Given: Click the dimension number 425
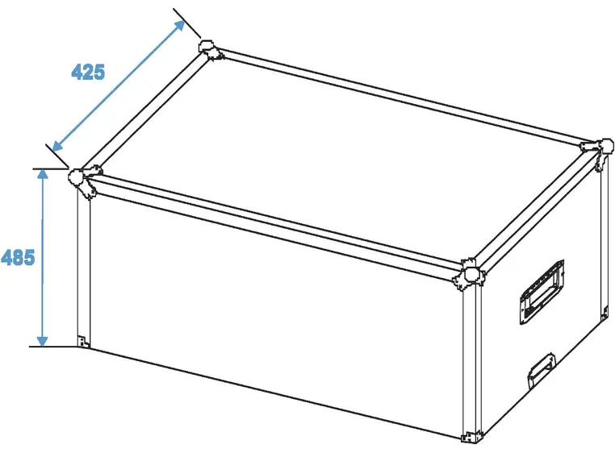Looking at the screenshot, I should pos(88,72).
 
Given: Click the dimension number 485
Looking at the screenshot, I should pos(18,258).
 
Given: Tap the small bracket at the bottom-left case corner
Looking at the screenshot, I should pos(82,339).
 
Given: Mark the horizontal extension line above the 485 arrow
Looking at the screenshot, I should pos(52,168).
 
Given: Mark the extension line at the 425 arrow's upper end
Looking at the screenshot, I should pos(186,22).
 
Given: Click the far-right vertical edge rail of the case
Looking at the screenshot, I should pos(602,242).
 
